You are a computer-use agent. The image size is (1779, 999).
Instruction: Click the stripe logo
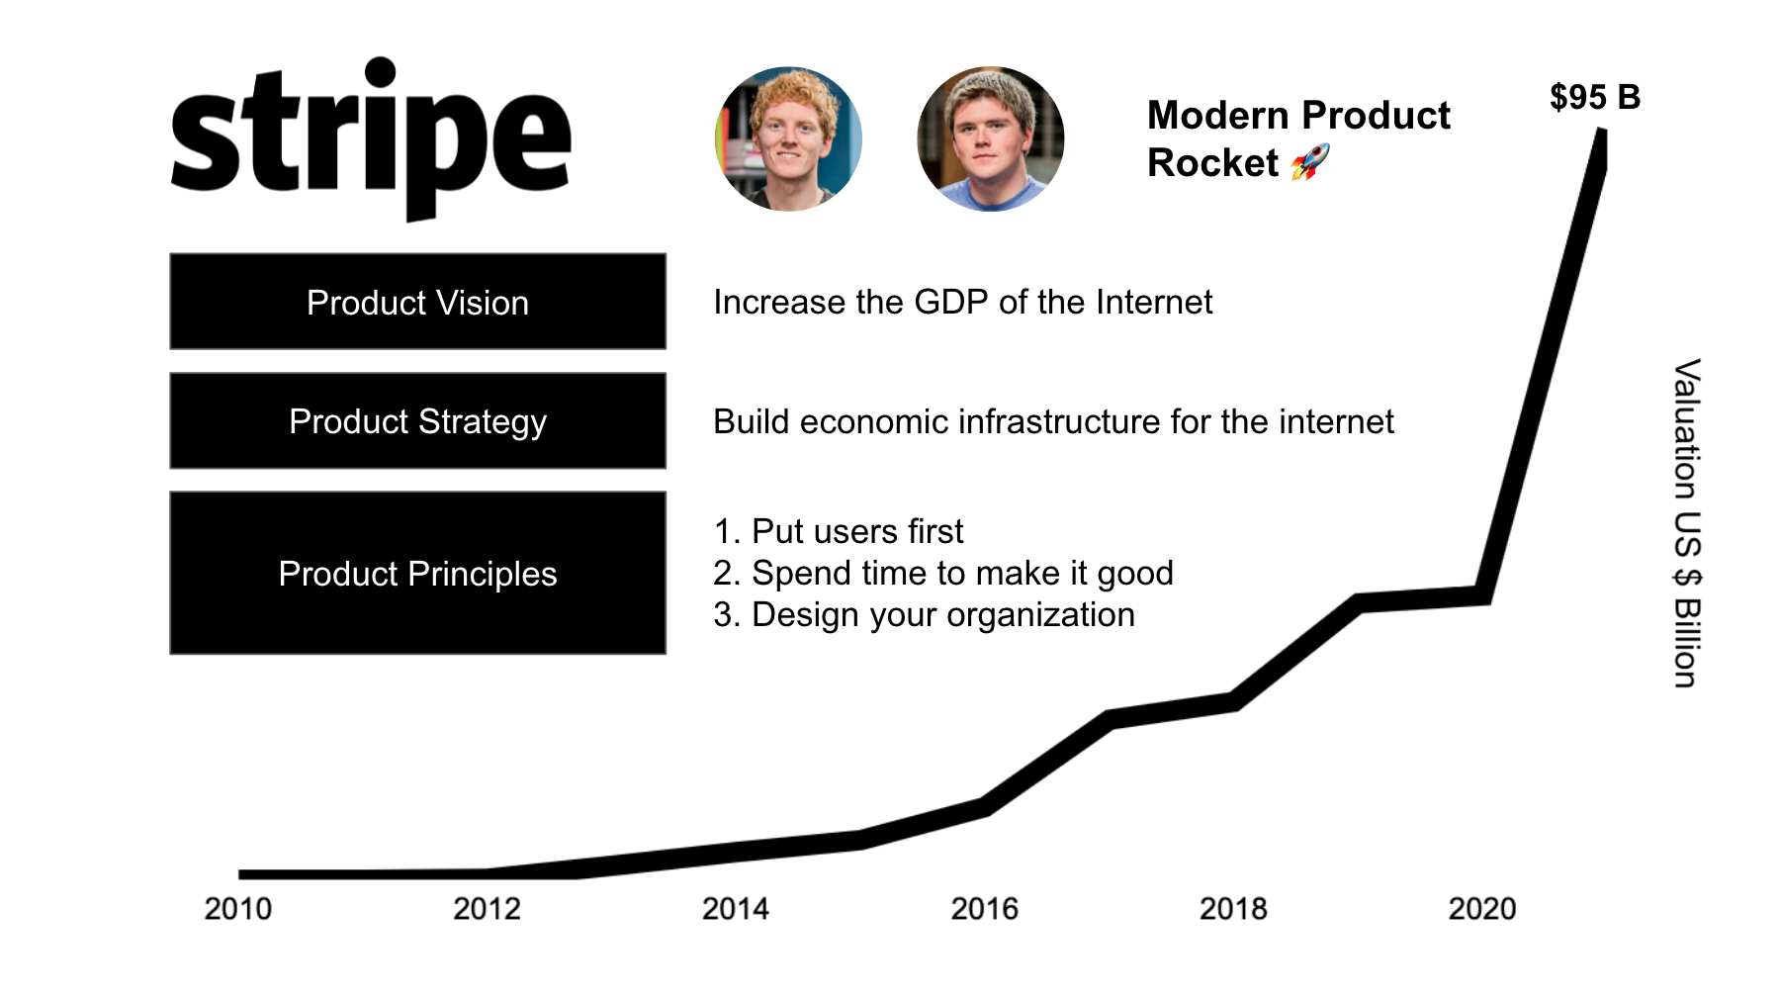click(x=371, y=138)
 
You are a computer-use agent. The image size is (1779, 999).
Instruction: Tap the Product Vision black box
click(x=417, y=302)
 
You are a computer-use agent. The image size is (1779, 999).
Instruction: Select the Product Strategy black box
click(x=417, y=420)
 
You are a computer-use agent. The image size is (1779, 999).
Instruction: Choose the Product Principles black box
click(x=417, y=573)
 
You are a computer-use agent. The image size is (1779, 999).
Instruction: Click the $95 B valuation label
click(x=1595, y=97)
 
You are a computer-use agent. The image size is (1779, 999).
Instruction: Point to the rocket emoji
click(x=1311, y=162)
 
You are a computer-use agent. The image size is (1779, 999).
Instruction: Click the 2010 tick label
click(x=237, y=908)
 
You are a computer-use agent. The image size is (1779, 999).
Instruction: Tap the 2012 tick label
click(x=487, y=908)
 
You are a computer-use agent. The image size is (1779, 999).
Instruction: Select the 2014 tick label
click(x=736, y=908)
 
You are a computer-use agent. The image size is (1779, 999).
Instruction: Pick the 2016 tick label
click(x=984, y=908)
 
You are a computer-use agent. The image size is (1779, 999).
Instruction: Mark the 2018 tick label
click(x=1233, y=908)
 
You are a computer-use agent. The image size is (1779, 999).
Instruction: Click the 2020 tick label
click(x=1482, y=908)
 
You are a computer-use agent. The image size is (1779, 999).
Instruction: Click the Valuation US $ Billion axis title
click(x=1687, y=523)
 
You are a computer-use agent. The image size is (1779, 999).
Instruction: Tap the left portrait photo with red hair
click(x=788, y=138)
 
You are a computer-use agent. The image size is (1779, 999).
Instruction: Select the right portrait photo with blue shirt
click(x=991, y=138)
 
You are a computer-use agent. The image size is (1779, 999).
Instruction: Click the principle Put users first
click(x=839, y=531)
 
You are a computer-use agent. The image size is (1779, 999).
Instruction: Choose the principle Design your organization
click(x=925, y=615)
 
